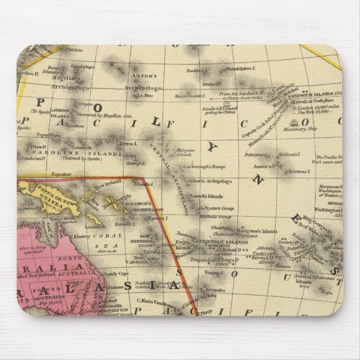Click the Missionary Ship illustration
(x=293, y=121)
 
